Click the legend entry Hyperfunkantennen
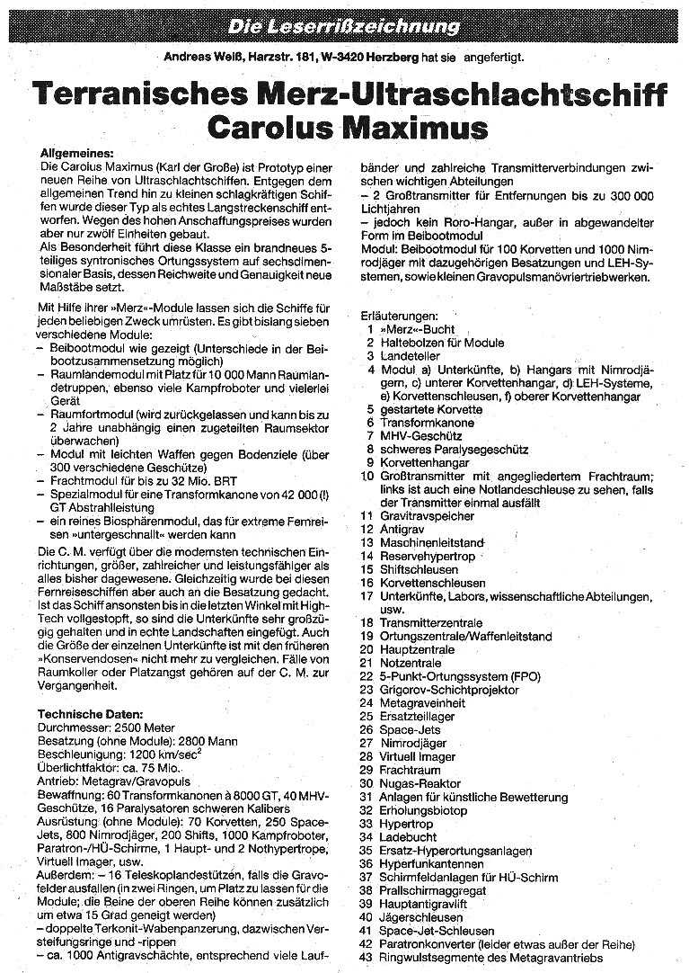coord(431,863)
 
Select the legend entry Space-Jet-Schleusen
coord(437,931)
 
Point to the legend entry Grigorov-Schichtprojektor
coord(449,690)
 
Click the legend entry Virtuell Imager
coord(418,756)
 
